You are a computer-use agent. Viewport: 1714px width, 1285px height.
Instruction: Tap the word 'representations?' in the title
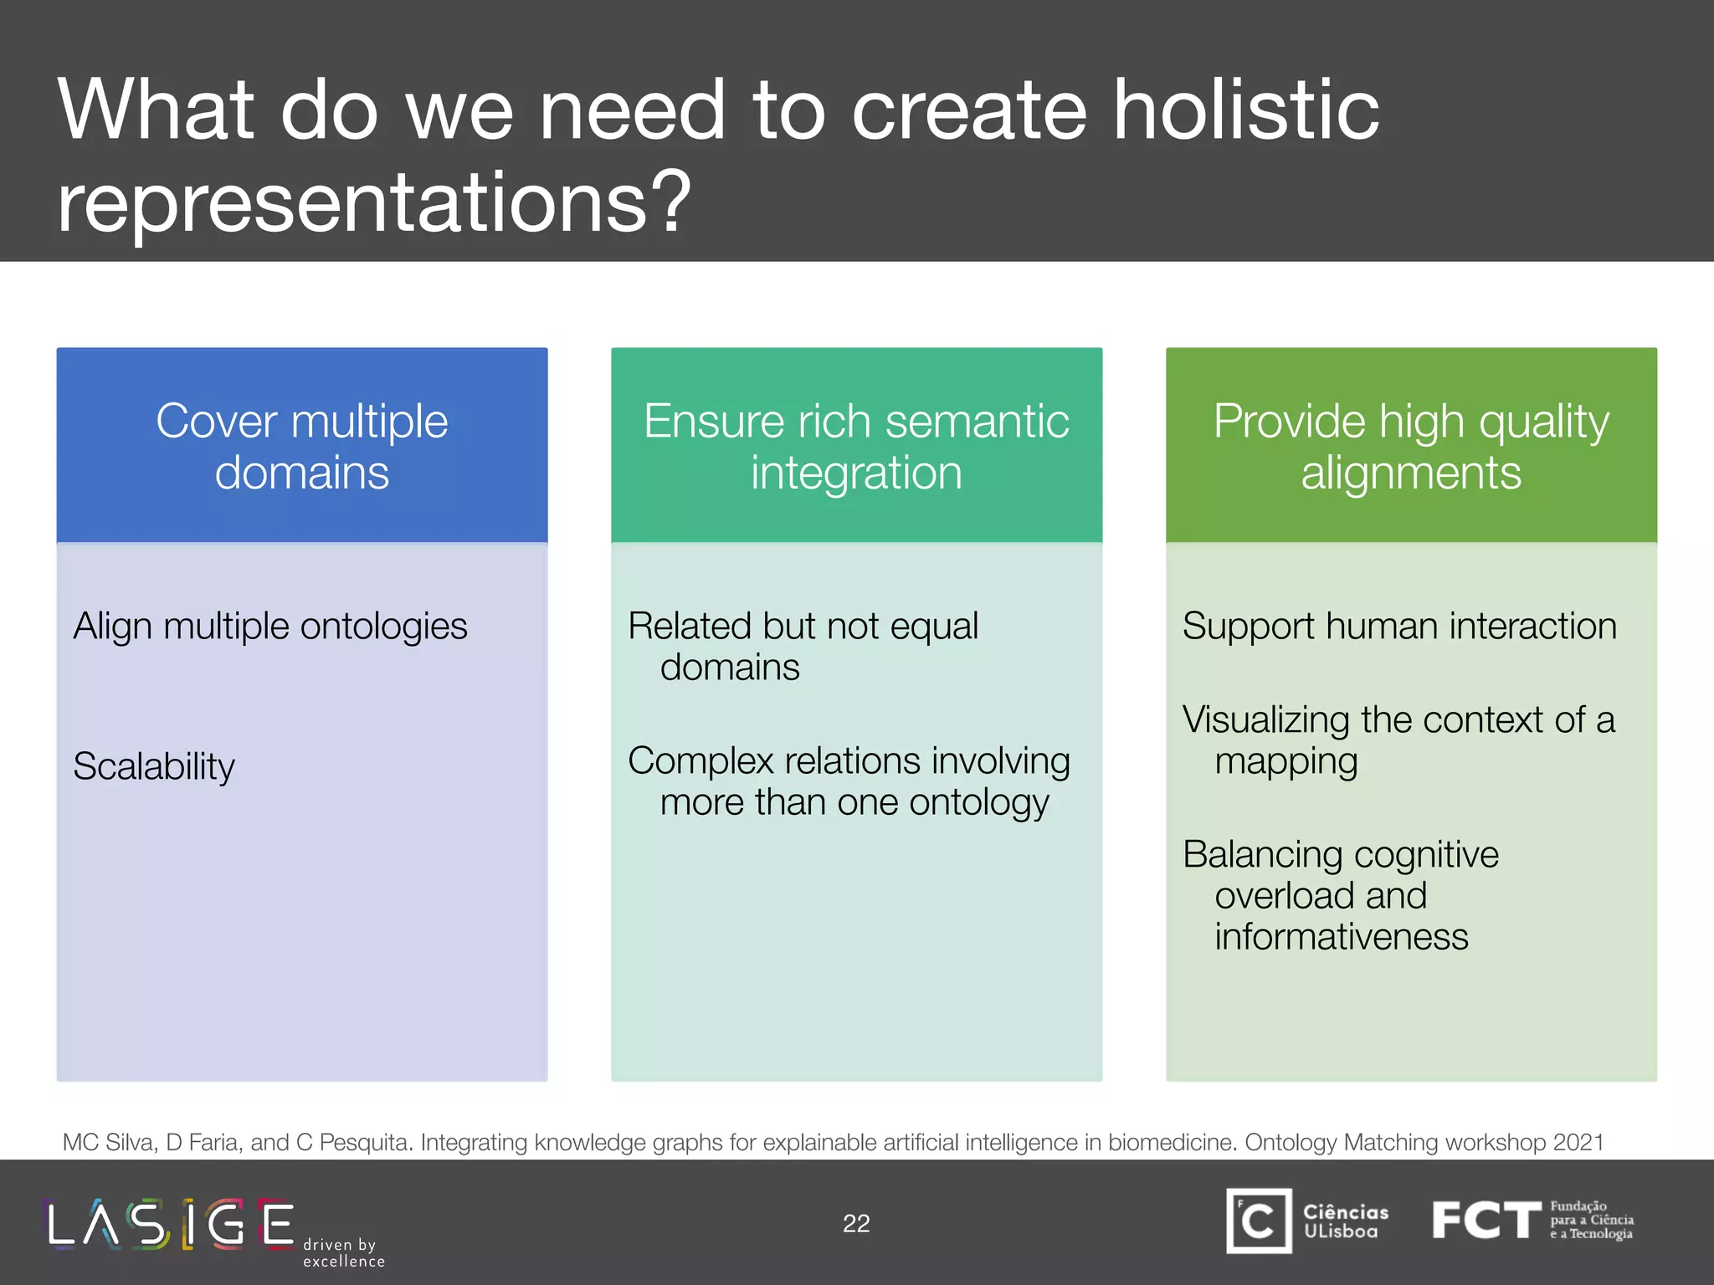(374, 202)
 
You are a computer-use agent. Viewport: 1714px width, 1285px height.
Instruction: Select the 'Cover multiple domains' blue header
(302, 446)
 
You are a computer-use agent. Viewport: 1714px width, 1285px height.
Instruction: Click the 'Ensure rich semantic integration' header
(856, 446)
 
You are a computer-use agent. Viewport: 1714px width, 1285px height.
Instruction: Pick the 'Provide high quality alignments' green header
(1411, 446)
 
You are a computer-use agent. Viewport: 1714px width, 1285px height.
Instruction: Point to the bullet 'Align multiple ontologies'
(269, 627)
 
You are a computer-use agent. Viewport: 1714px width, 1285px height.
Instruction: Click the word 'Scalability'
(154, 766)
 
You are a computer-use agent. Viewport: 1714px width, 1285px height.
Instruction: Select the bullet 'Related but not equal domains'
(803, 646)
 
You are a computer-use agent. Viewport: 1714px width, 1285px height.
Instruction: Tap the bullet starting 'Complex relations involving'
(849, 781)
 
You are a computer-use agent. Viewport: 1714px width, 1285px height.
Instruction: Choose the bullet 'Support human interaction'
(1399, 627)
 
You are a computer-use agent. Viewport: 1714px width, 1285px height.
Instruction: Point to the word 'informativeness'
(1341, 937)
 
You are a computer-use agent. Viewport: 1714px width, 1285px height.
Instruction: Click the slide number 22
(856, 1223)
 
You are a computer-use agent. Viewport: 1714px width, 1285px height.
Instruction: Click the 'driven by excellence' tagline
(343, 1252)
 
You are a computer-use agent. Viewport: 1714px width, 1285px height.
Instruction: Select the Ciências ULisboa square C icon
(1259, 1221)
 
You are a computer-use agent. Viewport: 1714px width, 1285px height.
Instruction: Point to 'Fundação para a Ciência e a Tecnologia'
(1591, 1220)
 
